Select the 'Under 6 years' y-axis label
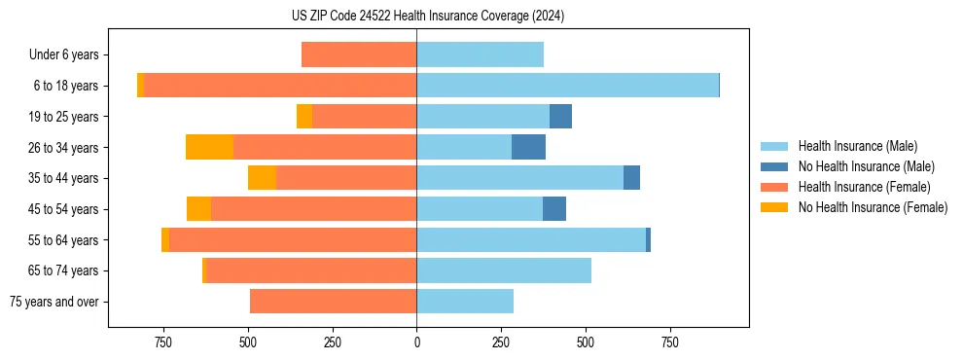coord(69,55)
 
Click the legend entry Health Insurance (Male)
coord(857,146)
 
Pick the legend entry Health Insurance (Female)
coord(864,187)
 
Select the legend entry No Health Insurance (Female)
coord(873,207)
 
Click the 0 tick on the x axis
coord(416,342)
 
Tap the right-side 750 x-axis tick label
coord(669,342)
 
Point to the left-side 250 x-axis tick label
coord(333,342)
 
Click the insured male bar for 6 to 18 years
coord(567,86)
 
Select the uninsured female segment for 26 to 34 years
coord(209,147)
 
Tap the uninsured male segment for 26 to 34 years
coord(528,147)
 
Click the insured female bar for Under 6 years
coord(359,54)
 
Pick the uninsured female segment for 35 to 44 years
coord(262,178)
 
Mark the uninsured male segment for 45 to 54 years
coord(554,209)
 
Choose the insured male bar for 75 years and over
coord(465,302)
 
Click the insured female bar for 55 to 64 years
coord(293,239)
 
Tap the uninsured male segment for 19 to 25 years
coord(560,117)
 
